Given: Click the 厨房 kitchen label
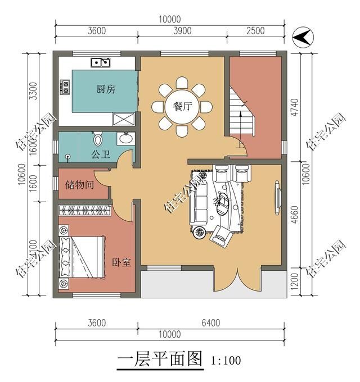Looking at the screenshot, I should [106, 89].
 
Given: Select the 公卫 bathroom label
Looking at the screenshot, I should [100, 154].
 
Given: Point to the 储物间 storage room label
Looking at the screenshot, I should [79, 184].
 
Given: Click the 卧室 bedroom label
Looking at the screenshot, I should [121, 262].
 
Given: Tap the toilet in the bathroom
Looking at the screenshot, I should [97, 138].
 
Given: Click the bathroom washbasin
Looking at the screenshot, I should [125, 138].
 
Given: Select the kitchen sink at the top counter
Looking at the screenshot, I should [101, 62].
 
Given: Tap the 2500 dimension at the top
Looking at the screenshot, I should [255, 31].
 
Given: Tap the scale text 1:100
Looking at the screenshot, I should [226, 360].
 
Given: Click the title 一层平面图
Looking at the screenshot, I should [160, 358].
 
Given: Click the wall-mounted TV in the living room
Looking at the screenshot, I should [278, 197].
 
